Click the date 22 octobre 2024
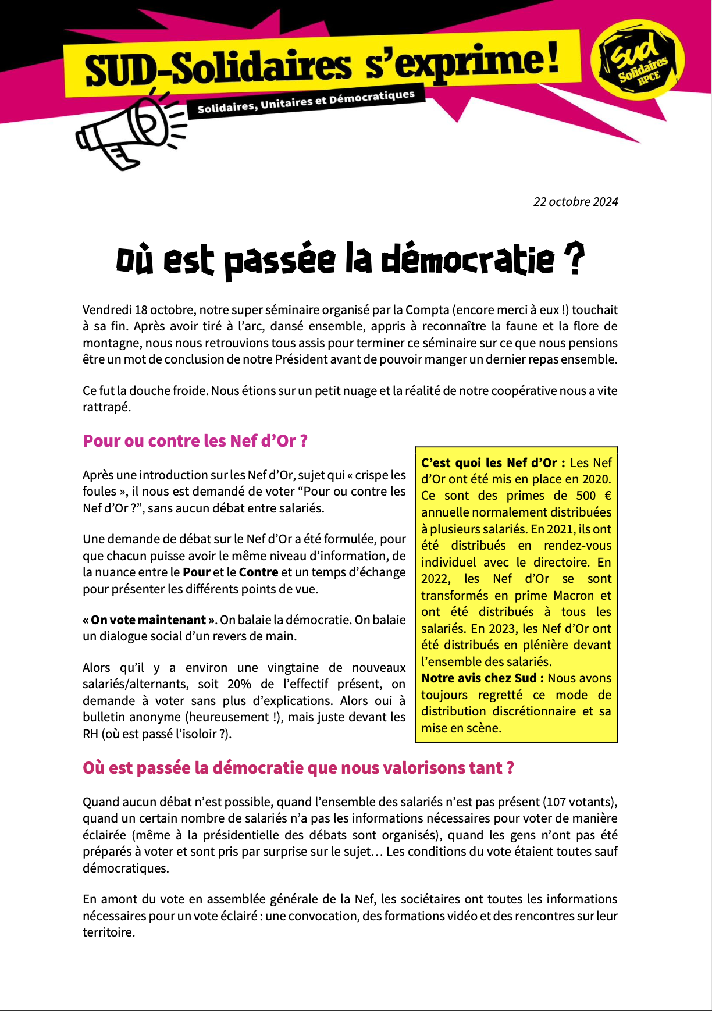575,202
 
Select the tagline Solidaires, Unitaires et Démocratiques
306,102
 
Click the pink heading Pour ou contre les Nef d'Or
195,441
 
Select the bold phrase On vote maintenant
148,620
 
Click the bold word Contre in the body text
258,572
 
